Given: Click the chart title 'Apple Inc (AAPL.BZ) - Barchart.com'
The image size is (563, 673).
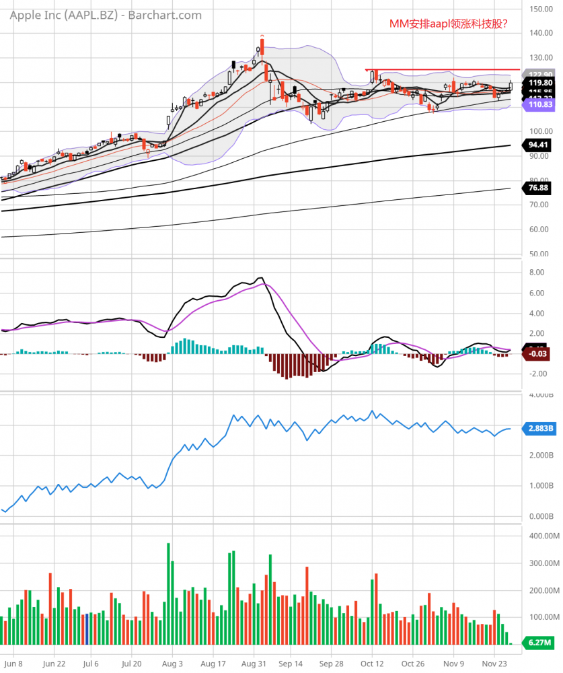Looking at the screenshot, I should coord(105,15).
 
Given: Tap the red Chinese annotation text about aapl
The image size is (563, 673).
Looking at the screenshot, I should coord(449,24).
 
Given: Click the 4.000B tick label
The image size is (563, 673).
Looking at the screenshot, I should coord(540,395).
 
